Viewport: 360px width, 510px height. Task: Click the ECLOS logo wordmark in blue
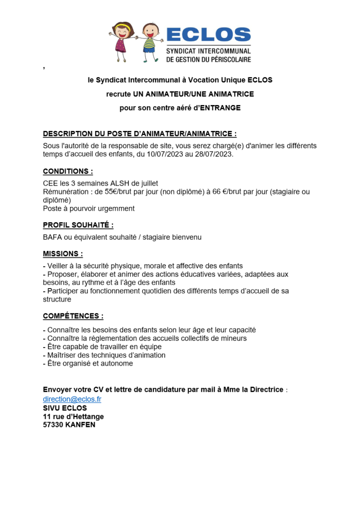(209, 35)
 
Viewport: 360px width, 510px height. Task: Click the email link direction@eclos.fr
(72, 399)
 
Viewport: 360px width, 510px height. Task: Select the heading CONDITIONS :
(68, 171)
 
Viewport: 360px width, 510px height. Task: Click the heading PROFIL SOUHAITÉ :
(78, 225)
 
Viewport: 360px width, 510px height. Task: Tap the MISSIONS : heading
(63, 254)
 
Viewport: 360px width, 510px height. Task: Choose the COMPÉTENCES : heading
(73, 316)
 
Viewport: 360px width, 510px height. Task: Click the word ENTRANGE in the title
(220, 108)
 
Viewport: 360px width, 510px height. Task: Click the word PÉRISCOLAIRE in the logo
(230, 59)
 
